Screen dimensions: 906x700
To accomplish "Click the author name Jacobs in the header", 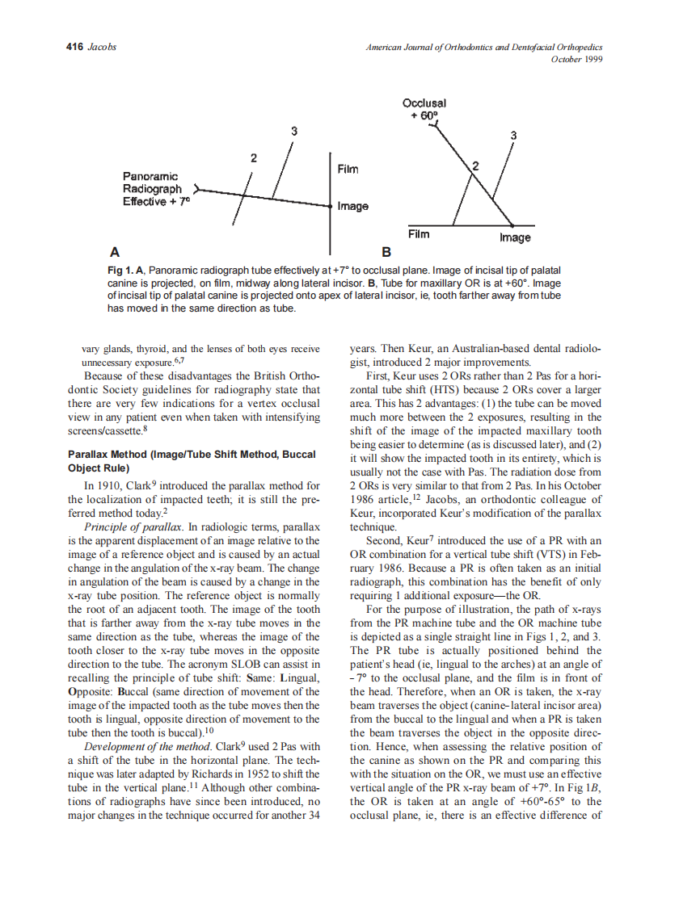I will [x=101, y=47].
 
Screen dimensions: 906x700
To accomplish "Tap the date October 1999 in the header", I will [x=577, y=59].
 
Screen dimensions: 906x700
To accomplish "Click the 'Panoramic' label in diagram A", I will [x=150, y=175].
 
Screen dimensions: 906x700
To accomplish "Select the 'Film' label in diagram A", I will [x=348, y=170].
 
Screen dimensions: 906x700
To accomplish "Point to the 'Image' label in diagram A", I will [x=353, y=207].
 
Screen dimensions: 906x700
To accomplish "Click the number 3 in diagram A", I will [x=293, y=131].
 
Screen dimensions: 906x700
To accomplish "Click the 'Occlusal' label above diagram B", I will [x=424, y=103].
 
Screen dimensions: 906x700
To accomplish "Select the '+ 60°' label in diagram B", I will [x=424, y=115].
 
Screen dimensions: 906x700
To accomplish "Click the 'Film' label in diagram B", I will [x=419, y=234].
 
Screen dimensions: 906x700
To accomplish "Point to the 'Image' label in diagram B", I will [x=515, y=237].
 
